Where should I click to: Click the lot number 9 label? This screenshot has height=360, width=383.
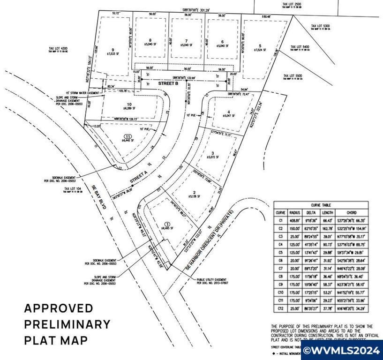coord(113,50)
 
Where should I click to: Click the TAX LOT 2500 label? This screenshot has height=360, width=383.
coord(292,4)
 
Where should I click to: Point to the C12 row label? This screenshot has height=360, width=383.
coord(280,309)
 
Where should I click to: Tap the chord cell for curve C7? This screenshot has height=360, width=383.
coord(355,269)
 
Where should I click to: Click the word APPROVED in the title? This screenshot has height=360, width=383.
coord(59,309)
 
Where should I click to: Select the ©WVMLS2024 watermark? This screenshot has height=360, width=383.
coord(342,350)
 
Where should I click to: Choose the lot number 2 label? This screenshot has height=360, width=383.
coord(194,193)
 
